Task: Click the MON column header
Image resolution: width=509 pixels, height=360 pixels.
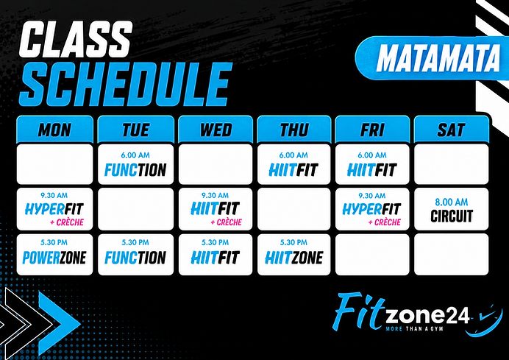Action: pyautogui.click(x=55, y=130)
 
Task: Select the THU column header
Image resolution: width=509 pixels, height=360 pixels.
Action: pyautogui.click(x=294, y=130)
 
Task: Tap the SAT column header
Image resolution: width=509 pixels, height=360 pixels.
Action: pyautogui.click(x=452, y=130)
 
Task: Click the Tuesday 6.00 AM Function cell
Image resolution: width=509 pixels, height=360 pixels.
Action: pyautogui.click(x=135, y=164)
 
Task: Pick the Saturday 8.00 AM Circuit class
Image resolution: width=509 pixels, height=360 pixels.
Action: pyautogui.click(x=452, y=209)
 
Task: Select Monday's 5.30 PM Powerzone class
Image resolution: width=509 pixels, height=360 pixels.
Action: pyautogui.click(x=54, y=255)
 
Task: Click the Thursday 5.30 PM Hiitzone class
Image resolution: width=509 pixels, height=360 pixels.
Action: pyautogui.click(x=294, y=255)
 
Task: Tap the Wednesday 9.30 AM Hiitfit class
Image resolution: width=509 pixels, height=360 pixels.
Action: pyautogui.click(x=216, y=209)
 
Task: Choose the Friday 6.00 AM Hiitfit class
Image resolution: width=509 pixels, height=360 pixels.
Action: pyautogui.click(x=372, y=164)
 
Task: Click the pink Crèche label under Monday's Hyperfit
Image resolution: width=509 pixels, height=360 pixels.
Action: pyautogui.click(x=67, y=222)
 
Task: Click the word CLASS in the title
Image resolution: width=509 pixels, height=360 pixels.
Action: pyautogui.click(x=75, y=40)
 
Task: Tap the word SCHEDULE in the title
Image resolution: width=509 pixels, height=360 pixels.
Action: pyautogui.click(x=126, y=84)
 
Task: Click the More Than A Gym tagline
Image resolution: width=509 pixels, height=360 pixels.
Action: pyautogui.click(x=415, y=329)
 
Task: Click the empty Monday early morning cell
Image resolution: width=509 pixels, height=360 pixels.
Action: pyautogui.click(x=55, y=164)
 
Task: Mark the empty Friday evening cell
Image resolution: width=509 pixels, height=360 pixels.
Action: pyautogui.click(x=372, y=255)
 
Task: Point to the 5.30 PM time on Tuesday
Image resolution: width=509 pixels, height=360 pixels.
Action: pyautogui.click(x=135, y=242)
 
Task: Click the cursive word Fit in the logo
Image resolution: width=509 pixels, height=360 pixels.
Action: pyautogui.click(x=358, y=309)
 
